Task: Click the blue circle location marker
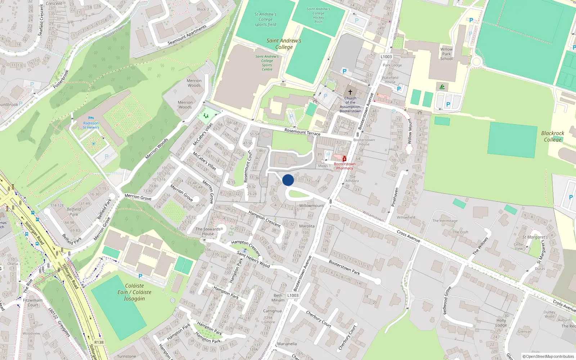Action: [x=288, y=180]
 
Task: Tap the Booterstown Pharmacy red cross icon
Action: [x=345, y=159]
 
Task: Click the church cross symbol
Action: [x=350, y=92]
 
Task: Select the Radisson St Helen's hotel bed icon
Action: [x=91, y=118]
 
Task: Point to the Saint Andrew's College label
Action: [x=284, y=44]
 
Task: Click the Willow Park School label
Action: [x=446, y=54]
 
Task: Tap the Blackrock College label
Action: [x=553, y=136]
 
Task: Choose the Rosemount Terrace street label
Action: [x=302, y=132]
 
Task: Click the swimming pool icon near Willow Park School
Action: [x=442, y=87]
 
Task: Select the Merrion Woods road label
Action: [x=157, y=149]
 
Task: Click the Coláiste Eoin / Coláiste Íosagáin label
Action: [x=134, y=292]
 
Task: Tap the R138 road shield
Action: [x=99, y=342]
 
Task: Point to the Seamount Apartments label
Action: [x=187, y=35]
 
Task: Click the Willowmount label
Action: [x=311, y=206]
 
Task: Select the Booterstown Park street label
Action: [x=344, y=267]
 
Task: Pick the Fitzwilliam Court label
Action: [x=33, y=302]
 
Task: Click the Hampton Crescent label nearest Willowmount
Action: [x=265, y=219]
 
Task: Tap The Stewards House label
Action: [x=208, y=231]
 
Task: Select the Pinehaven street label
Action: [x=395, y=197]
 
